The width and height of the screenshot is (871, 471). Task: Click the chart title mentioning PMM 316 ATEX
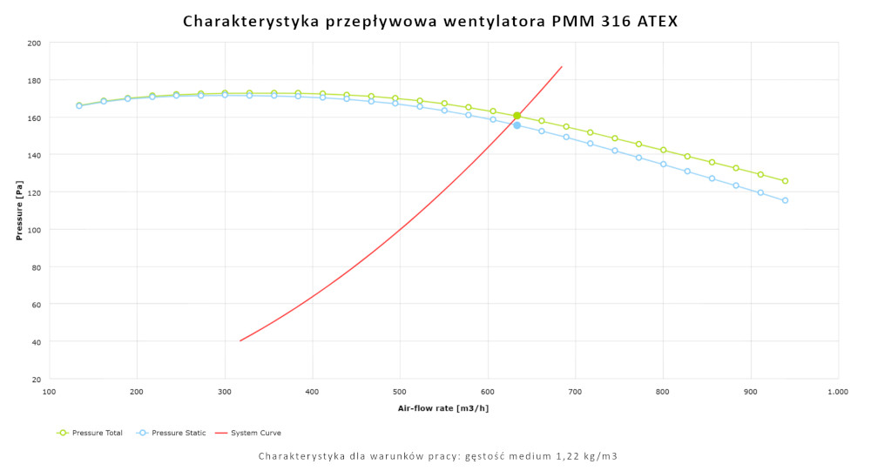pyautogui.click(x=429, y=21)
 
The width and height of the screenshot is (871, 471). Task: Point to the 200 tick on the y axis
pyautogui.click(x=34, y=43)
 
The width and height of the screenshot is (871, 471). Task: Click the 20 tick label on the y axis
pyautogui.click(x=37, y=380)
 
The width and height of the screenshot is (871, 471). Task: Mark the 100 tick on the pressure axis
pyautogui.click(x=34, y=230)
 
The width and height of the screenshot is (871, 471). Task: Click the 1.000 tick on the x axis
pyautogui.click(x=838, y=393)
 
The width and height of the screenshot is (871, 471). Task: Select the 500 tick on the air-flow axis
pyautogui.click(x=400, y=393)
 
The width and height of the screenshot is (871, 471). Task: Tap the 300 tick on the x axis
pyautogui.click(x=225, y=393)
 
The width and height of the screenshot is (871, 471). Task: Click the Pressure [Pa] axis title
pyautogui.click(x=18, y=212)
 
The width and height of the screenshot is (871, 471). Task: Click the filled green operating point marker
pyautogui.click(x=517, y=116)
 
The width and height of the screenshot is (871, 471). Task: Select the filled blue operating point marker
pyautogui.click(x=517, y=125)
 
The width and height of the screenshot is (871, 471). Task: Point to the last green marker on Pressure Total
pyautogui.click(x=785, y=181)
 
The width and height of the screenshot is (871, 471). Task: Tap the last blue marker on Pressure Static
pyautogui.click(x=785, y=200)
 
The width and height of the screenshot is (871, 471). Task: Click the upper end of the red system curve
pyautogui.click(x=562, y=67)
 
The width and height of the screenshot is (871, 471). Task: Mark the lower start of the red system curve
pyautogui.click(x=240, y=340)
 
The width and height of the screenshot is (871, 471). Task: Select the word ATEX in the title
pyautogui.click(x=657, y=21)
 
